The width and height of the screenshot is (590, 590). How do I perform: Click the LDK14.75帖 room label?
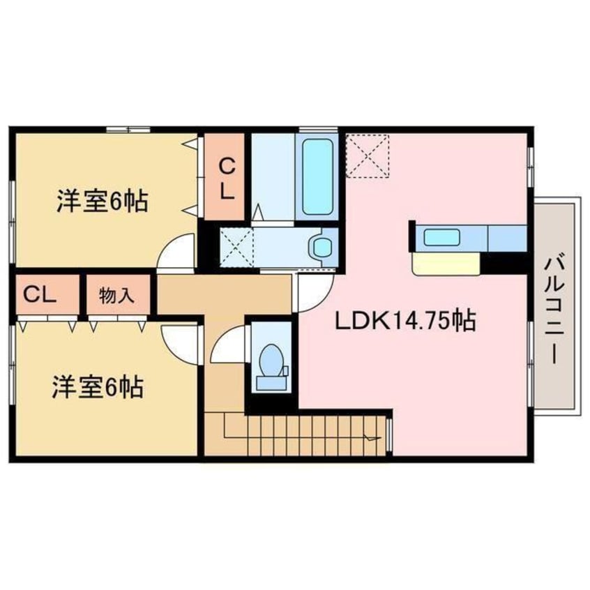coord(406,320)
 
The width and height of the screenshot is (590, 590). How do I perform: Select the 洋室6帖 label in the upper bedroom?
coord(101,201)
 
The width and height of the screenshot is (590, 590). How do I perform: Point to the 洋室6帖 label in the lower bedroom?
coord(98,385)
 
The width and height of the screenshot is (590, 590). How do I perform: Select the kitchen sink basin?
coord(441,237)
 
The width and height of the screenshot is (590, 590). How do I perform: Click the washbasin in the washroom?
coord(322,246)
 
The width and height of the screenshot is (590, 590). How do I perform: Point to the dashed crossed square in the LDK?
coord(368,156)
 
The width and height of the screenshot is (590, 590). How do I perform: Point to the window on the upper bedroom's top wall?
coord(128,129)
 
